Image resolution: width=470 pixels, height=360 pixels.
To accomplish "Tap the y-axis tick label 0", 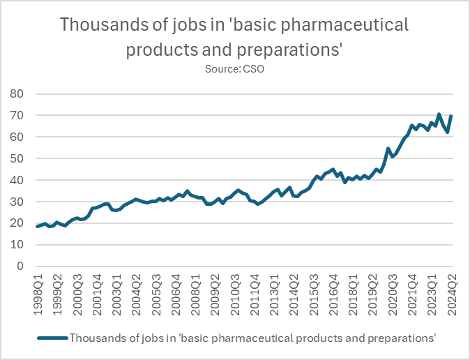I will pos(21,266).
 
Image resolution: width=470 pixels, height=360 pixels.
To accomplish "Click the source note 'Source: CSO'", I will pos(235,69).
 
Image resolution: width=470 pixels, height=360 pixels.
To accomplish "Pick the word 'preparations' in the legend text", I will pos(400,338).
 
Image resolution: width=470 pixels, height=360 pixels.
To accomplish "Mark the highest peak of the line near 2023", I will pos(439,114).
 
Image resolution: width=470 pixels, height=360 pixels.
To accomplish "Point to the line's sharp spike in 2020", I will pos(388,149).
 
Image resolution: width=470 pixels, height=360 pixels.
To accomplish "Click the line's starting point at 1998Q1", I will pos(37,226).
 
